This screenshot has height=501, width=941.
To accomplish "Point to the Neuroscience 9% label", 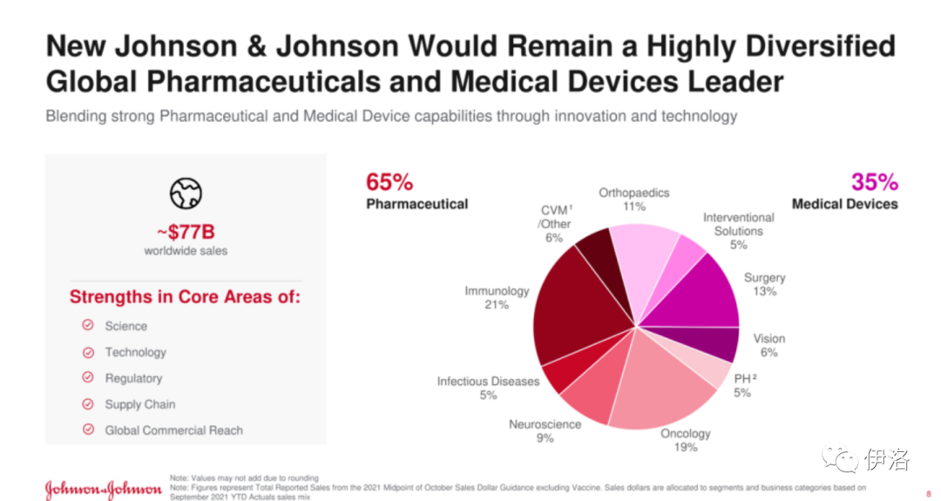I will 545,430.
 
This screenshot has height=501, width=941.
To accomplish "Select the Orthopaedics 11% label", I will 633,200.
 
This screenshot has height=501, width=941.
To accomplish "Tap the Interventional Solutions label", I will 738,231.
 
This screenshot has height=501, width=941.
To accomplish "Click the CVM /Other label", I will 555,223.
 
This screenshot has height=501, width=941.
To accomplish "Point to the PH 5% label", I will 743,385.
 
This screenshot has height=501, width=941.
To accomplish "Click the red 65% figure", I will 389,182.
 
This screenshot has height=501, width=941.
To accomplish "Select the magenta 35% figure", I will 874,182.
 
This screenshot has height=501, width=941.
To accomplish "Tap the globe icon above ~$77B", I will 186,193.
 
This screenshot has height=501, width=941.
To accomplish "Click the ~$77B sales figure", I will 186,233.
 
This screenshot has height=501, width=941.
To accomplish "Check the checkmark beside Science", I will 88,326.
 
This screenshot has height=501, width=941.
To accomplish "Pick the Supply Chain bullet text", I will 139,404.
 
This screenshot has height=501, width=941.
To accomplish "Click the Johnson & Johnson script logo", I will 103,488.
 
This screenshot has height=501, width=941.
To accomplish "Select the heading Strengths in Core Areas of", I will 185,296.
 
